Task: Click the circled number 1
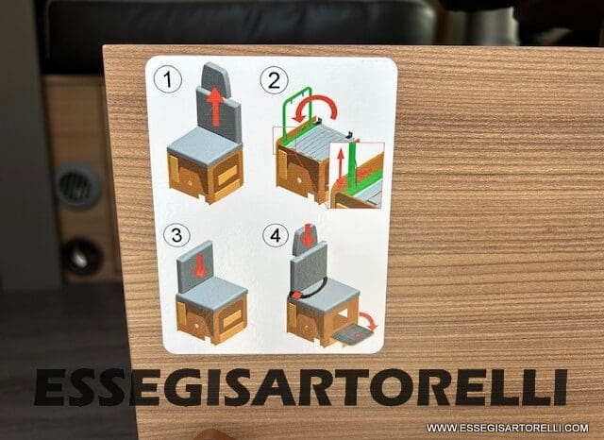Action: [x=168, y=79]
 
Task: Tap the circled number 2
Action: [x=274, y=80]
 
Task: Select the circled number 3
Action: [x=176, y=235]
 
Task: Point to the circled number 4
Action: [x=276, y=235]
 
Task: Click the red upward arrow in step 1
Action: [x=215, y=107]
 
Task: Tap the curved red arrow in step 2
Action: [x=317, y=99]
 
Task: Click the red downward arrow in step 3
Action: [x=199, y=266]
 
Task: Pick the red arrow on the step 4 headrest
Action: [x=307, y=235]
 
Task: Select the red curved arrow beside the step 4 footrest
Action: [x=369, y=320]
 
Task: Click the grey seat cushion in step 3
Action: [x=211, y=290]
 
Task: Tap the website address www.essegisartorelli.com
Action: [x=508, y=428]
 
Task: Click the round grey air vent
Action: [x=78, y=186]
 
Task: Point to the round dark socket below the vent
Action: [x=82, y=257]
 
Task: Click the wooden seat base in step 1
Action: [x=206, y=177]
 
